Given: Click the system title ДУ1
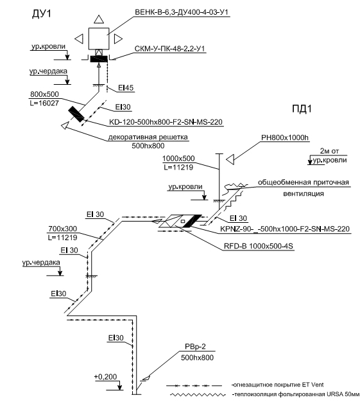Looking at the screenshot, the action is (x=42, y=13).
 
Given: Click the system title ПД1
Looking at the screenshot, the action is (x=302, y=109).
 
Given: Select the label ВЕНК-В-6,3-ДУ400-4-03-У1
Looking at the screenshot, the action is (x=182, y=12).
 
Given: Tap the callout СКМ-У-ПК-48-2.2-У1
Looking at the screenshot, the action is (x=169, y=49).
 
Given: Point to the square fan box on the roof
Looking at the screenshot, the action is (x=99, y=39).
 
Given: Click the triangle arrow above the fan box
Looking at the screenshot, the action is (x=99, y=19).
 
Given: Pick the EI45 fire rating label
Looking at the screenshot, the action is (x=126, y=88).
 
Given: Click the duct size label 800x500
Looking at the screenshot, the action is (x=44, y=94).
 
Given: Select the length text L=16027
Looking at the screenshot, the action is (x=44, y=103).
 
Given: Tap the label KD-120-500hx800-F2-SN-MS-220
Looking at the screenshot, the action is (x=166, y=122).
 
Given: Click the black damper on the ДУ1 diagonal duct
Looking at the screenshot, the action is (x=76, y=114).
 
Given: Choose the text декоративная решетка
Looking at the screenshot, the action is (x=148, y=137).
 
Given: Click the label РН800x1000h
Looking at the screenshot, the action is (x=285, y=137).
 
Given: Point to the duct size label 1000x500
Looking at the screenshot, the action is (x=178, y=159).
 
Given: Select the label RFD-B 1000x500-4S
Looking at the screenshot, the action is (x=258, y=246).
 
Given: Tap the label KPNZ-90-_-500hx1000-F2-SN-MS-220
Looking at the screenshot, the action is (x=285, y=229).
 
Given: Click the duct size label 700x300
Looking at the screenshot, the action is (x=62, y=229).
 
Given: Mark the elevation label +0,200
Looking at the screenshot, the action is (x=105, y=376).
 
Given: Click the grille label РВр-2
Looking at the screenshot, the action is (x=195, y=347).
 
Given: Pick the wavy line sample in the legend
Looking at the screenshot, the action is (x=198, y=394).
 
